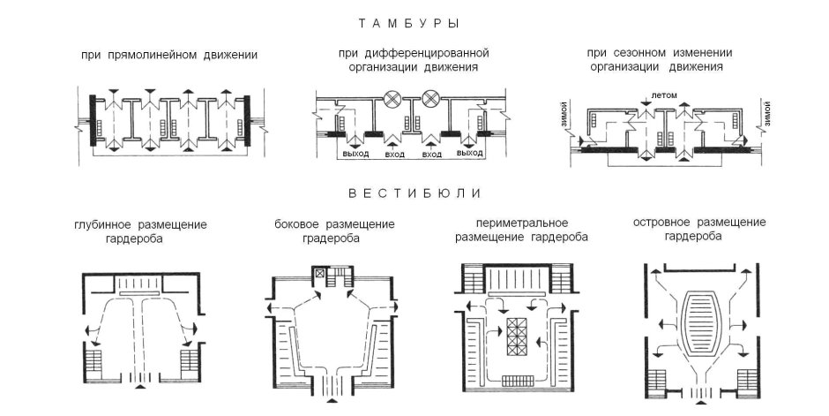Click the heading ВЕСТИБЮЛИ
click(x=413, y=193)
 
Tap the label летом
click(x=662, y=94)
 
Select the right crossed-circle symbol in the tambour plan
click(x=431, y=98)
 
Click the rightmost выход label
click(x=470, y=154)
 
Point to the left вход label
click(x=396, y=154)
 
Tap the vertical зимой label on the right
click(x=766, y=116)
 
